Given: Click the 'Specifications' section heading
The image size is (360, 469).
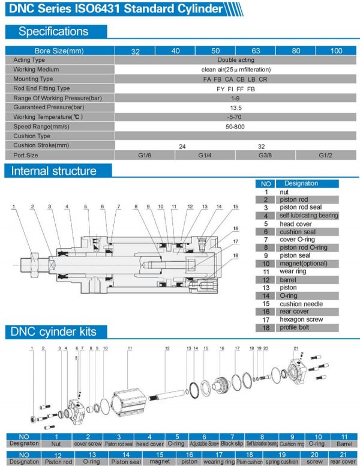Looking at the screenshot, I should [53, 31].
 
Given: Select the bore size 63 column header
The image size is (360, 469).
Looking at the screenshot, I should [255, 51].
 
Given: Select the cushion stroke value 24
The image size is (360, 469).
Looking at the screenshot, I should [184, 145].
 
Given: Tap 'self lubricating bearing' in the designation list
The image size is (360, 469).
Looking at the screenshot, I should [308, 215].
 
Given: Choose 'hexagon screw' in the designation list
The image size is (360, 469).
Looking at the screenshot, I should [301, 319].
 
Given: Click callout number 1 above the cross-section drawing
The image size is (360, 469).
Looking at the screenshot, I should [13, 207].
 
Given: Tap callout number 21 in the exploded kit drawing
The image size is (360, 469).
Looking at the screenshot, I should [296, 348].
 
